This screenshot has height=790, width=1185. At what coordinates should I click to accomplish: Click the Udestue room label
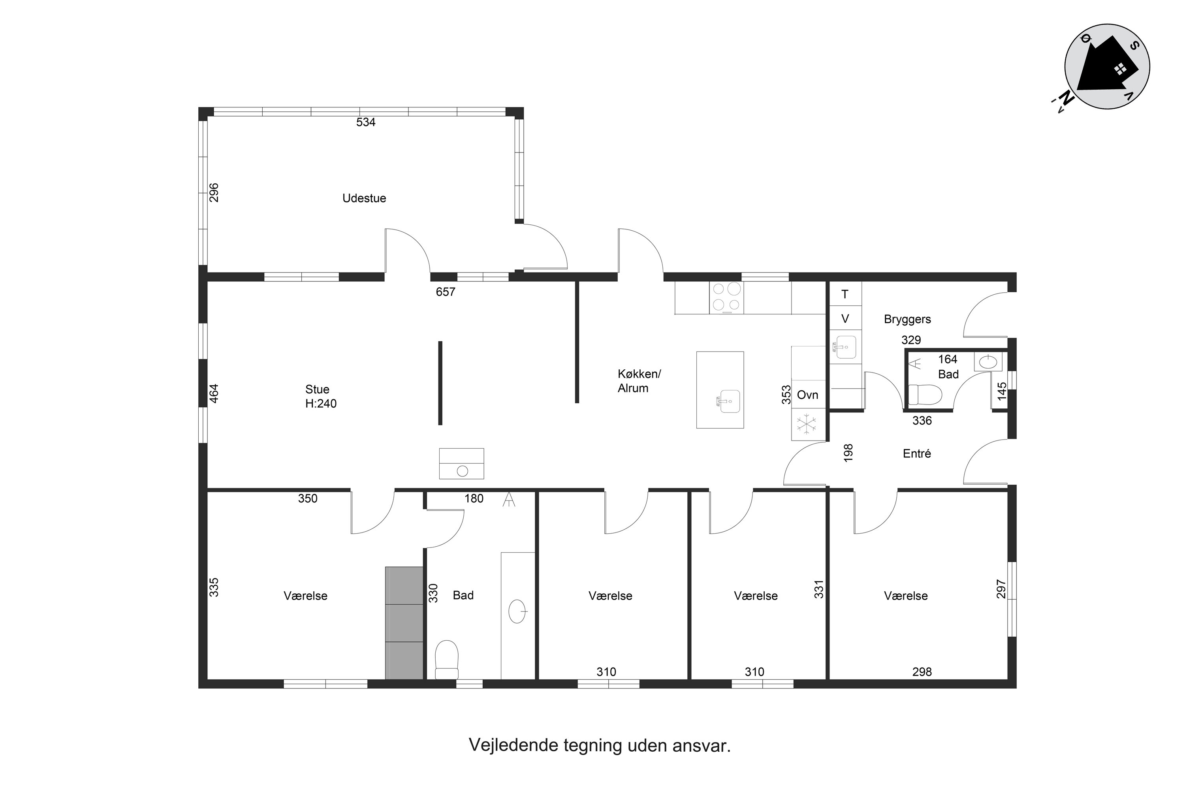coord(364,198)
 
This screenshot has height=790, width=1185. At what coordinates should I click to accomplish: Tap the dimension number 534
coord(365,122)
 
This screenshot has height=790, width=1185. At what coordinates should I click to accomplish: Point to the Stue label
coord(317,389)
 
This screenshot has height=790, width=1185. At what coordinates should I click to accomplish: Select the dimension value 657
coord(446,292)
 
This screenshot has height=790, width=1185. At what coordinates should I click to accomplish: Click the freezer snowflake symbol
coord(806,424)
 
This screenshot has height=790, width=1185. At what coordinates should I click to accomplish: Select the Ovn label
coord(807,395)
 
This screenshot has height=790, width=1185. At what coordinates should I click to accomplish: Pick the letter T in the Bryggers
coord(845,294)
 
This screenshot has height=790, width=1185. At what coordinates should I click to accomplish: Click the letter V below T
coord(845,318)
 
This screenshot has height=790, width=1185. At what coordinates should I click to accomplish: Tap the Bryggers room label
coord(907,319)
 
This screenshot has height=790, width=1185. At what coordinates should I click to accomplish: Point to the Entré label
coord(916,453)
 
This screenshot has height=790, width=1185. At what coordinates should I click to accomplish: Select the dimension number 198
coord(848,452)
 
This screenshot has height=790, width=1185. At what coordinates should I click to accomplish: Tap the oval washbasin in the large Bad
coord(517,611)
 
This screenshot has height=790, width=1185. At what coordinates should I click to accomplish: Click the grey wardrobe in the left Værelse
coord(404,623)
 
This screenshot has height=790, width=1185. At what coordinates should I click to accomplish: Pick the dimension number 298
coord(922,671)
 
